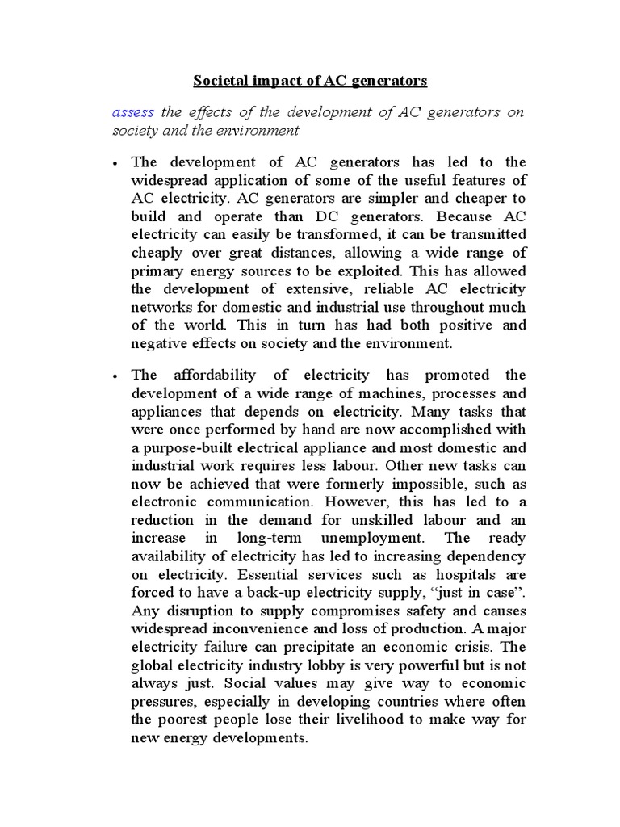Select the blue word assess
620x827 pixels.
coord(132,112)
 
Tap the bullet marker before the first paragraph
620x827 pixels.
coord(117,162)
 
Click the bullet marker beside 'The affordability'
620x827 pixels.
coord(117,376)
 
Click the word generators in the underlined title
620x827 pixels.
coord(392,81)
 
